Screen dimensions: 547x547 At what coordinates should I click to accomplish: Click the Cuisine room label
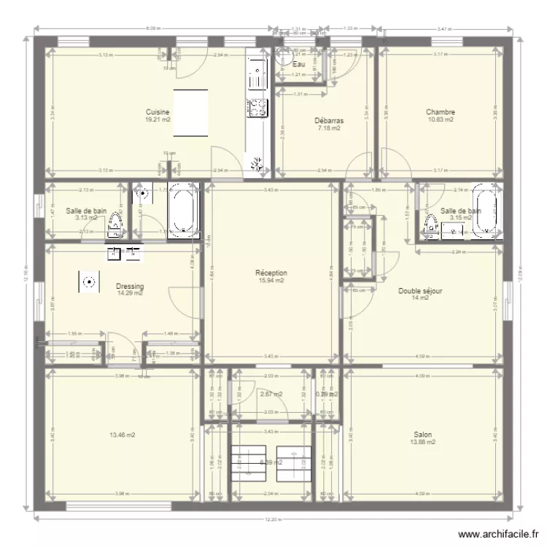click(158, 112)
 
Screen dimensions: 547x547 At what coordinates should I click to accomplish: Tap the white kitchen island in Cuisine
click(190, 113)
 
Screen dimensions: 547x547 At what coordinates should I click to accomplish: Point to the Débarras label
click(329, 121)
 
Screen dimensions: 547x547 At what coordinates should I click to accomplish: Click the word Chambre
click(441, 112)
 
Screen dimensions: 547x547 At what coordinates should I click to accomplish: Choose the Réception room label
click(271, 273)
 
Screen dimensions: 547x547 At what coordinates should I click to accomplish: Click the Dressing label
click(130, 286)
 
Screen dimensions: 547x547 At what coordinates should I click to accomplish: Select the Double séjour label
click(421, 290)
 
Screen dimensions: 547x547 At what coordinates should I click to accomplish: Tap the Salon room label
click(423, 434)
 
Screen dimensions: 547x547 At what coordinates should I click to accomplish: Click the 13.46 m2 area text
click(123, 435)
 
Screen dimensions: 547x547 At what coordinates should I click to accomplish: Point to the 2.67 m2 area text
click(271, 395)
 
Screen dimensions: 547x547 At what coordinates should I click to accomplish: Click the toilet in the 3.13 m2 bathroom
click(115, 226)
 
